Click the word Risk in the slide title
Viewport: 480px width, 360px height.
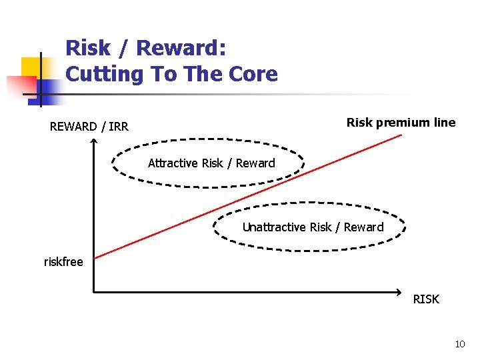(x=87, y=48)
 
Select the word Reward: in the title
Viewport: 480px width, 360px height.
(x=181, y=48)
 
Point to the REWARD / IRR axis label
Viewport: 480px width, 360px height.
(x=89, y=127)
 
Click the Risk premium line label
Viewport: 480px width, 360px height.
(x=401, y=122)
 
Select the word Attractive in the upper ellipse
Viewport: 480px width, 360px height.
(x=171, y=163)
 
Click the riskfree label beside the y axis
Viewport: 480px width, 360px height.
(x=63, y=262)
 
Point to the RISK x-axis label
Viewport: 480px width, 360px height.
(x=426, y=299)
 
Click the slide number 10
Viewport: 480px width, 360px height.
(x=459, y=344)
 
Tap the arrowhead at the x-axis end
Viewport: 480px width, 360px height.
(x=398, y=292)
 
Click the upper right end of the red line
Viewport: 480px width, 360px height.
(x=401, y=135)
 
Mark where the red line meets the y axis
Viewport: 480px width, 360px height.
(x=94, y=257)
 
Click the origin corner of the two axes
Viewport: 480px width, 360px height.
(x=94, y=292)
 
